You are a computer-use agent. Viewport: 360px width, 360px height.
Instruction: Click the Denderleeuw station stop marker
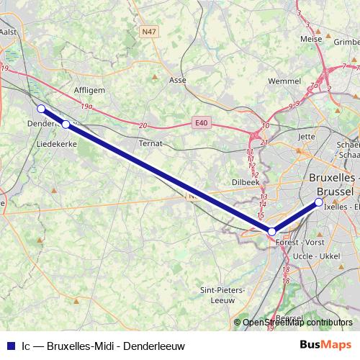[x=41, y=109]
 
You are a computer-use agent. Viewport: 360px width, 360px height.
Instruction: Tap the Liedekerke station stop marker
[x=66, y=125]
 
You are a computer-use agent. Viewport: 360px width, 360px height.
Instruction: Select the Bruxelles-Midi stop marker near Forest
[x=271, y=231]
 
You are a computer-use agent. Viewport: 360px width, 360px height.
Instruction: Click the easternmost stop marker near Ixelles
[x=319, y=202]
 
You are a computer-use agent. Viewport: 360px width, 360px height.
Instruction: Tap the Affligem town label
[x=90, y=91]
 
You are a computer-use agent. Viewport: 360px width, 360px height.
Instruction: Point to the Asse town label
[x=177, y=81]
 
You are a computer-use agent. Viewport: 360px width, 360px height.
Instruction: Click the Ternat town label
[x=150, y=143]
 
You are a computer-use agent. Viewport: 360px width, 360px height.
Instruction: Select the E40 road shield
[x=201, y=123]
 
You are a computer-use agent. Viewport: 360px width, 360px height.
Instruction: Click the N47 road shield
[x=149, y=32]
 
